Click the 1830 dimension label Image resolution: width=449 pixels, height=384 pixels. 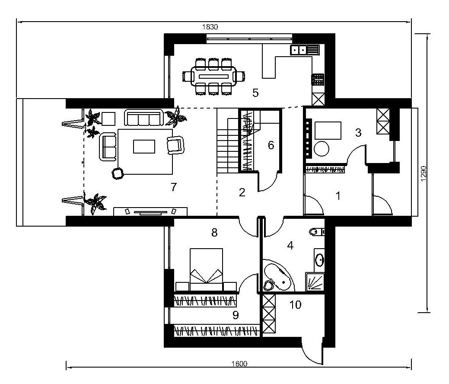[210, 27]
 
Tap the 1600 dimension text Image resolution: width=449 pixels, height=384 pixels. [239, 364]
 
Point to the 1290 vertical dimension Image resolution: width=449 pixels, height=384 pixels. [424, 174]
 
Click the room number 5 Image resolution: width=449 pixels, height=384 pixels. [255, 93]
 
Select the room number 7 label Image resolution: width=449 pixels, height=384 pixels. [174, 187]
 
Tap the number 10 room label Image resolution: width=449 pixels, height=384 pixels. [295, 304]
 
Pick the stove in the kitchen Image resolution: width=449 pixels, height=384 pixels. [318, 80]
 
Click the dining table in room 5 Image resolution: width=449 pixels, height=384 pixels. [213, 76]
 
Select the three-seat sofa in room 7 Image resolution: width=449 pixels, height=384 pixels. [144, 118]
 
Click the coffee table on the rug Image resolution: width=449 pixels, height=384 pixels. [144, 147]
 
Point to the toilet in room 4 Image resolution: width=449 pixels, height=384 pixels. [316, 231]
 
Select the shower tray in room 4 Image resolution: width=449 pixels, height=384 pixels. [315, 282]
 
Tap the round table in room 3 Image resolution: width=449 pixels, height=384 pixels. [322, 149]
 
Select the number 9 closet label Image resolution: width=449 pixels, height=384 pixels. [236, 315]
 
